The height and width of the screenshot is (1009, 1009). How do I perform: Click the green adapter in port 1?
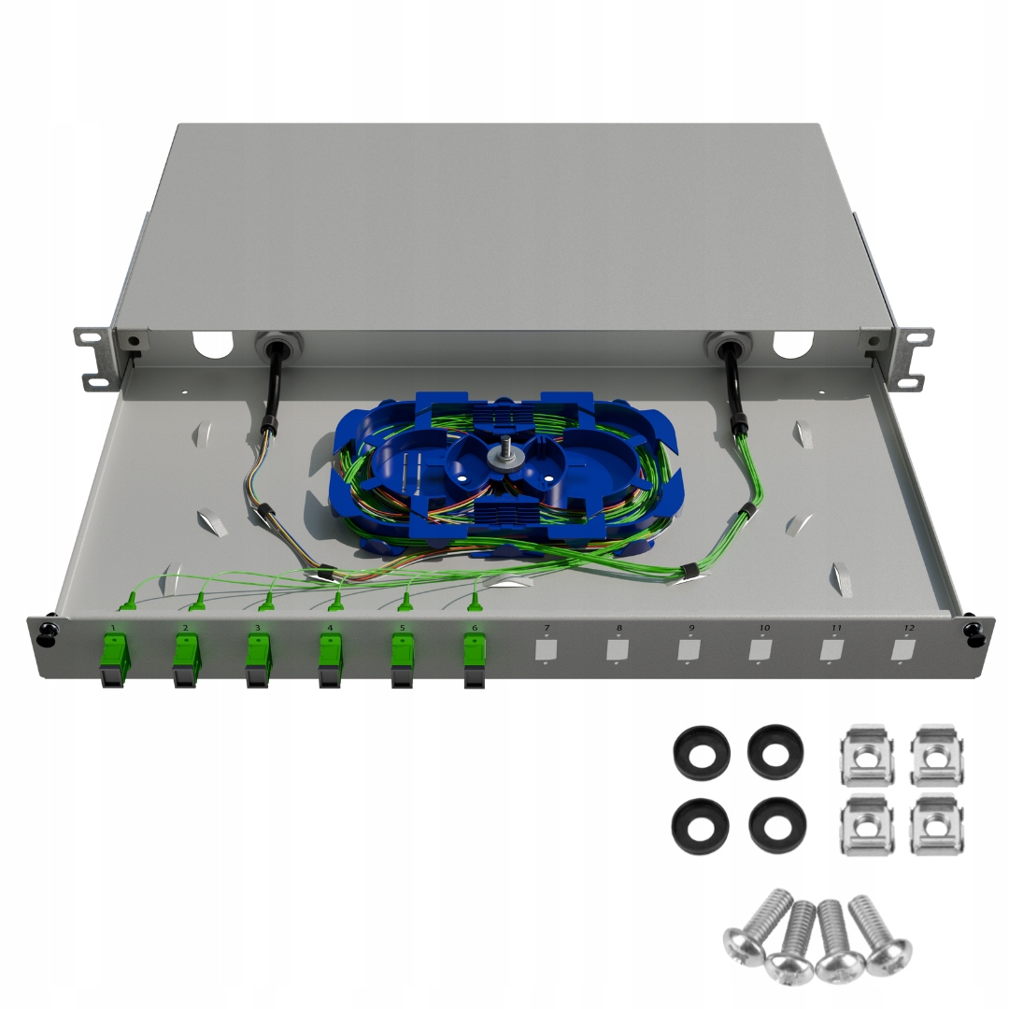click(113, 654)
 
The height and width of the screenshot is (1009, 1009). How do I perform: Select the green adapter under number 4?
click(330, 654)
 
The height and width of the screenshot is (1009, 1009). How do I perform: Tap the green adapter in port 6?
click(475, 654)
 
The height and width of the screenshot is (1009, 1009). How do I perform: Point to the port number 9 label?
click(691, 627)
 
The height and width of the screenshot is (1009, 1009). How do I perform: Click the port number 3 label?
click(257, 627)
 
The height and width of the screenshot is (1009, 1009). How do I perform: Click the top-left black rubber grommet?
click(701, 752)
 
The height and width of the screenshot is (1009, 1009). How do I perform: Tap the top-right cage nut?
click(937, 756)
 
